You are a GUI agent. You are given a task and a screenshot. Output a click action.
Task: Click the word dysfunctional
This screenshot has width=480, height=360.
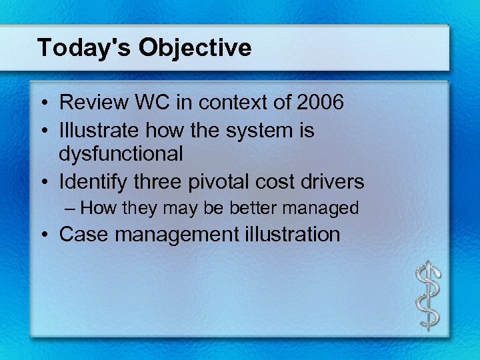click(121, 155)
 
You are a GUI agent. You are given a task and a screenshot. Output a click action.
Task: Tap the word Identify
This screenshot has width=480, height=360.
click(92, 181)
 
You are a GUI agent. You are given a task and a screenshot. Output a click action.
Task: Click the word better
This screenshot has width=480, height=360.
click(255, 208)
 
